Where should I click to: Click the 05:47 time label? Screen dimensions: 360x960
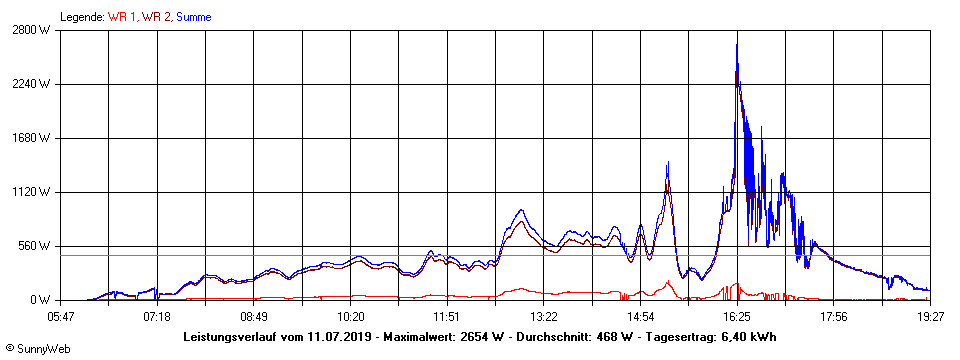click(60, 316)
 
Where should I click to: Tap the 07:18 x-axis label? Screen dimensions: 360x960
click(157, 316)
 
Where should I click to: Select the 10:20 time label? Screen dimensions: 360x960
click(350, 316)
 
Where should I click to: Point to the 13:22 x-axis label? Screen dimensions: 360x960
click(543, 316)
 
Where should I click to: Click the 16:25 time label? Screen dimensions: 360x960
click(737, 316)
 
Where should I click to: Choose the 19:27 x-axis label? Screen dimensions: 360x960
click(930, 316)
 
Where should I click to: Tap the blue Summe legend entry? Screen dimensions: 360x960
click(193, 17)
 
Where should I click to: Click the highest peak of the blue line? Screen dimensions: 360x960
click(737, 44)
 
